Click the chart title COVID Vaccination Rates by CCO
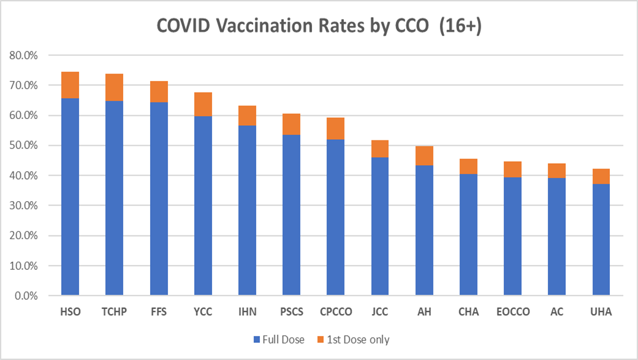pos(319,26)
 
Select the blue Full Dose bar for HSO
pos(70,196)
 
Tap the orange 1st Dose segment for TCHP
pos(114,87)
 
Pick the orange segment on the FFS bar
pos(159,91)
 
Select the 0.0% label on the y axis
pos(26,296)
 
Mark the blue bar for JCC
pos(379,227)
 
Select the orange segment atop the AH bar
pos(424,156)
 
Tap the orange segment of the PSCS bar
pos(291,124)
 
